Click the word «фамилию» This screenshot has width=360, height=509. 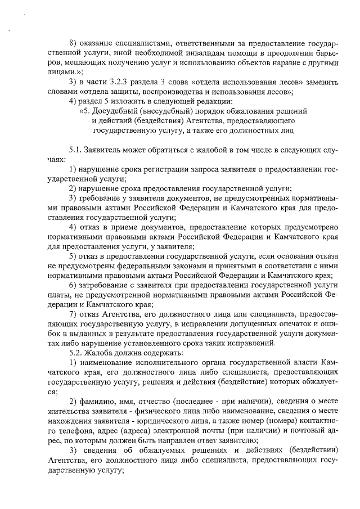click(98, 400)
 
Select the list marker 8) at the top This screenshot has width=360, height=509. click(73, 43)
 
